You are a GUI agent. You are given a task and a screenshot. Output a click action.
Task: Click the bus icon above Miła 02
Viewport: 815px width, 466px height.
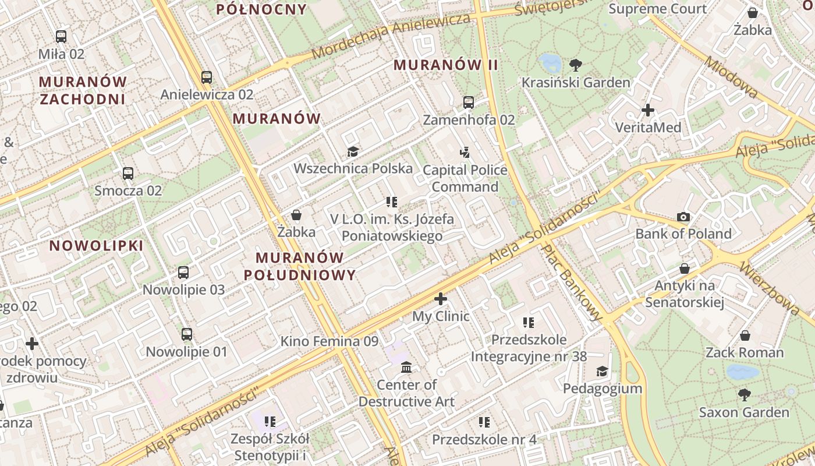tap(61, 37)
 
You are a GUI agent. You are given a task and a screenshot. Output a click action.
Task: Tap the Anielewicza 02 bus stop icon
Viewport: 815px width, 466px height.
tap(207, 77)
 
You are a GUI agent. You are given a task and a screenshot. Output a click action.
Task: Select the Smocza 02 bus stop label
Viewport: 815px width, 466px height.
tap(128, 190)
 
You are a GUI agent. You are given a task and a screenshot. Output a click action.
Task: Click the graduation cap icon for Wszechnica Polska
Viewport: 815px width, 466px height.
tap(353, 152)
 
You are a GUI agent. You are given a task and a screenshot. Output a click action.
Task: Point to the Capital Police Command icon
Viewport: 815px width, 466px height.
tap(465, 153)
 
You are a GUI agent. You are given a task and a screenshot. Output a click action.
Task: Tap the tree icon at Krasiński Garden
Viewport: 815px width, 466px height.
tap(576, 65)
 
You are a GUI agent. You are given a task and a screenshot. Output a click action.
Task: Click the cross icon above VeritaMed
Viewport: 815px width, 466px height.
tap(647, 110)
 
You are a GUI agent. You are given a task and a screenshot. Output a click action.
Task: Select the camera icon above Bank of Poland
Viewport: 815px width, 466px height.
tap(683, 217)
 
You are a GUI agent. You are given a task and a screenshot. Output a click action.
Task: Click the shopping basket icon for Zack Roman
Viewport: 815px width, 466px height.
tap(745, 336)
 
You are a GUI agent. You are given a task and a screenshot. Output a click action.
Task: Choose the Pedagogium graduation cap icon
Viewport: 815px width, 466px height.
tap(602, 372)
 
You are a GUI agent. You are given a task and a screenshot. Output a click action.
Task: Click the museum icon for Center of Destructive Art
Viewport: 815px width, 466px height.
tap(406, 368)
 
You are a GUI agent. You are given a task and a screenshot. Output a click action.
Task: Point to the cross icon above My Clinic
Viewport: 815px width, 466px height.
tap(441, 299)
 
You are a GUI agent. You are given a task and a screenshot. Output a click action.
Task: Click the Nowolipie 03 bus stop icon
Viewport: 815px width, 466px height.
tap(183, 273)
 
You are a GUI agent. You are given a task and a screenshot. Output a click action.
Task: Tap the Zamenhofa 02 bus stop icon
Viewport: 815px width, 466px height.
tap(469, 103)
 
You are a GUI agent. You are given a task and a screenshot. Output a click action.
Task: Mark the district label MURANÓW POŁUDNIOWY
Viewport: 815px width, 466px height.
tap(299, 266)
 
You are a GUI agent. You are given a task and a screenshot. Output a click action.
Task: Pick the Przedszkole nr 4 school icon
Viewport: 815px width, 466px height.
tap(484, 422)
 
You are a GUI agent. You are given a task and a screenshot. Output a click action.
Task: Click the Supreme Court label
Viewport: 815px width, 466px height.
tap(657, 9)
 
